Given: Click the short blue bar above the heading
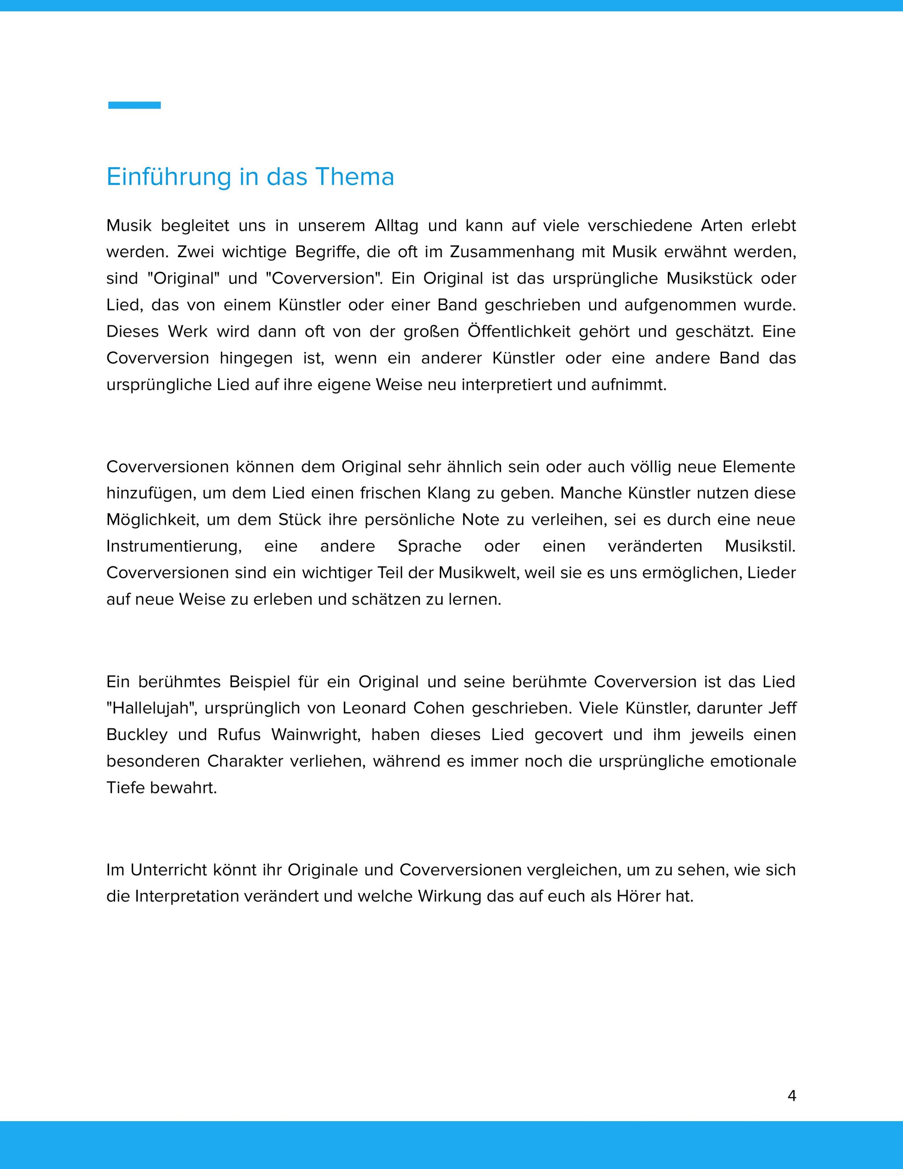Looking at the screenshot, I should tap(134, 105).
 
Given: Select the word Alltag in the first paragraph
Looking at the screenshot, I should tap(396, 226).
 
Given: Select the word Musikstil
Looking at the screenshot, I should tap(760, 546).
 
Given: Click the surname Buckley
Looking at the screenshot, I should tap(137, 734).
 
